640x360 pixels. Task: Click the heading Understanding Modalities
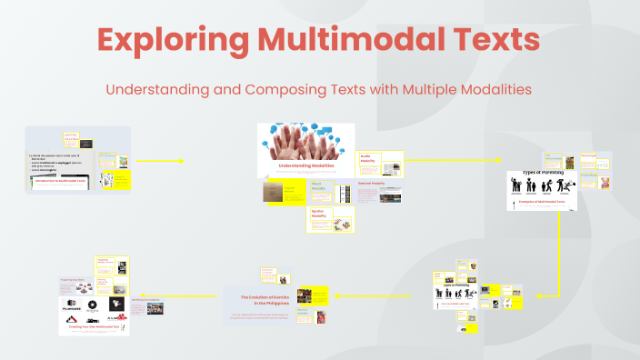tap(305, 167)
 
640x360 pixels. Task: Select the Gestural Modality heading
tap(372, 183)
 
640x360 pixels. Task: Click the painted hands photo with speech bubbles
tap(305, 141)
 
